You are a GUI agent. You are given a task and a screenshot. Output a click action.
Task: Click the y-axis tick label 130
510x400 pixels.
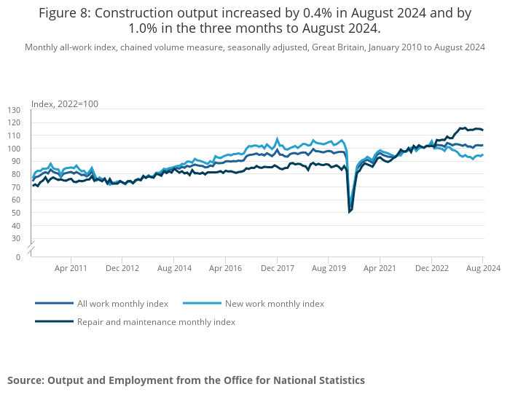click(x=14, y=109)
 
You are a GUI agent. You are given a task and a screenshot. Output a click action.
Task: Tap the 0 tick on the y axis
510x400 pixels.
click(x=18, y=257)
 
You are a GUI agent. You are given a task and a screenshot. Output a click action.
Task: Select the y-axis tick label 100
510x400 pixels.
click(x=14, y=148)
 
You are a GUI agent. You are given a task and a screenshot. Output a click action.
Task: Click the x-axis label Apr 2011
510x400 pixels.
click(x=71, y=268)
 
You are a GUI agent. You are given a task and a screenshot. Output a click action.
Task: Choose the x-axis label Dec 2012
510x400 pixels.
click(x=122, y=268)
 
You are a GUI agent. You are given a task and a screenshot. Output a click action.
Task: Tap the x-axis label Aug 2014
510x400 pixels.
click(x=174, y=268)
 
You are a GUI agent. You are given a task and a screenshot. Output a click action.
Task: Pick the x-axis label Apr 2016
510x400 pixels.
click(x=225, y=268)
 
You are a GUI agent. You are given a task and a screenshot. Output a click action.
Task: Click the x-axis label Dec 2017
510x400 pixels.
click(x=277, y=268)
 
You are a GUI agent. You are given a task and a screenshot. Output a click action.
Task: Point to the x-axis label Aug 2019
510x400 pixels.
click(x=329, y=268)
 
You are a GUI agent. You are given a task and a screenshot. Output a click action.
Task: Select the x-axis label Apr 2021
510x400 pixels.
click(x=380, y=268)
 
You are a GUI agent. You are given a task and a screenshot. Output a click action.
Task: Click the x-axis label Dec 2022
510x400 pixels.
click(x=431, y=268)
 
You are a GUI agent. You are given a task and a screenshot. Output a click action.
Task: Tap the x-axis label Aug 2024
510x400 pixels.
click(x=483, y=268)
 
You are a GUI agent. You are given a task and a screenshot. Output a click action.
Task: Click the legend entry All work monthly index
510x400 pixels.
click(x=122, y=303)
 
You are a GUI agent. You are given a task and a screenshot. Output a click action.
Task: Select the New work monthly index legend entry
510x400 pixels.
click(x=274, y=303)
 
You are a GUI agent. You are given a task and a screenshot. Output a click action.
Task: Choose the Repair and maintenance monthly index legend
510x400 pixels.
click(x=156, y=321)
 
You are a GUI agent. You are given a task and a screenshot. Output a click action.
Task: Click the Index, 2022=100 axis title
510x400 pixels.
click(x=64, y=103)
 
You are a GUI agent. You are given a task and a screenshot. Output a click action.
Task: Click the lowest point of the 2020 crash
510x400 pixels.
click(x=349, y=212)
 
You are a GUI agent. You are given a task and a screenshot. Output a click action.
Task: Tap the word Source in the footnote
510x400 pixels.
click(x=25, y=380)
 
